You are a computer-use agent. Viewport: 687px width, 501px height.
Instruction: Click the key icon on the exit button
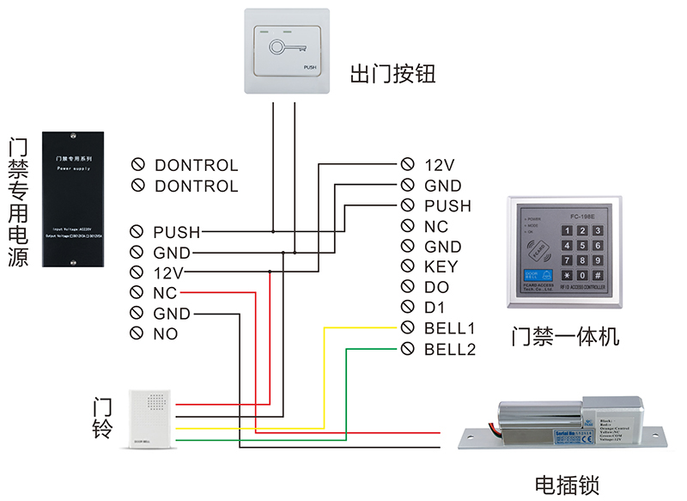click(281, 47)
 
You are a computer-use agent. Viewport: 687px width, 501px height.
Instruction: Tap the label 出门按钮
click(392, 74)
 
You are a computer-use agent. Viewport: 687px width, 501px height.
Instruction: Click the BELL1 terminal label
click(449, 328)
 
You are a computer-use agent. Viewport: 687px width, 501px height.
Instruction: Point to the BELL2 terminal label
click(449, 349)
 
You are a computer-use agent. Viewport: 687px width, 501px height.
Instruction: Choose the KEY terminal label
click(441, 266)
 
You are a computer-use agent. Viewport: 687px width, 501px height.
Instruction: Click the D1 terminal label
click(435, 308)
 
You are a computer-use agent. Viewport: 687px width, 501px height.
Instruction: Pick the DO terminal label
click(436, 287)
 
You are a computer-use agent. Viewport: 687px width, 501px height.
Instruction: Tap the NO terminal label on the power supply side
click(165, 333)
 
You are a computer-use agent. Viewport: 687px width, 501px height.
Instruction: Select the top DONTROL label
click(196, 165)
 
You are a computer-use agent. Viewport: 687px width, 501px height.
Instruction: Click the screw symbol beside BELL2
click(408, 349)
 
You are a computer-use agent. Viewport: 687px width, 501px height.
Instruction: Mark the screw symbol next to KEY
click(408, 266)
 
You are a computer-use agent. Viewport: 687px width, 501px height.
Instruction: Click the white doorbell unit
click(152, 419)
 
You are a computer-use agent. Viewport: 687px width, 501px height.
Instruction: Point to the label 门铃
click(102, 417)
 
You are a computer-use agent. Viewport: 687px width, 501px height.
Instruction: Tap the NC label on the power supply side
click(165, 293)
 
